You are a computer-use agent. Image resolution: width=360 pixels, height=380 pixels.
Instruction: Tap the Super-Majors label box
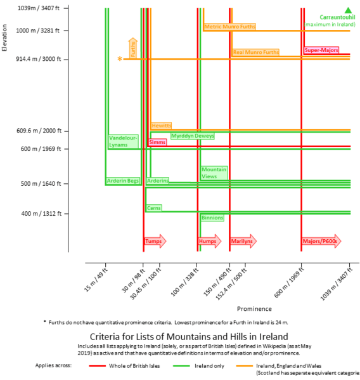pos(321,50)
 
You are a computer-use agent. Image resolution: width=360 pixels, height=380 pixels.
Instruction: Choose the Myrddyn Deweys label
pos(193,136)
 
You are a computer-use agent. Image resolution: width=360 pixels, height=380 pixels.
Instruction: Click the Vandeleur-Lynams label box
pos(123,141)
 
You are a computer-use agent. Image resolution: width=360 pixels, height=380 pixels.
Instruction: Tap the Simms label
pos(157,143)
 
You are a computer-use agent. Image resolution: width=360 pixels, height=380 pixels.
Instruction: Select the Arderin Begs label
pos(122,181)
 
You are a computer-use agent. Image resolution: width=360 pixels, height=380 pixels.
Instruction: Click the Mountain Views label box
pos(214,173)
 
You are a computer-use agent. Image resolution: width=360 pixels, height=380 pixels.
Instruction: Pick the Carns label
pos(153,208)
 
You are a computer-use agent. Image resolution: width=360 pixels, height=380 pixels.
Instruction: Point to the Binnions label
pos(212,218)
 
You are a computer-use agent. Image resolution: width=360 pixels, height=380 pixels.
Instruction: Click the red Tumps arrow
pos(155,241)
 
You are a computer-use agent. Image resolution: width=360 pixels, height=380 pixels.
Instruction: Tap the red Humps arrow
pos(210,241)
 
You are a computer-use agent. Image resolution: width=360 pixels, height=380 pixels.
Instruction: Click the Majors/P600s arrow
pos(321,241)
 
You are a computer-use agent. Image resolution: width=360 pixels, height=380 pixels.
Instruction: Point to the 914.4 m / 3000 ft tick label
pos(39,59)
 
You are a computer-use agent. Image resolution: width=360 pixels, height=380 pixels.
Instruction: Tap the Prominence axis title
pos(254,309)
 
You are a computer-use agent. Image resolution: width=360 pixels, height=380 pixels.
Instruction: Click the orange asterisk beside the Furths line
pos(119,59)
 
